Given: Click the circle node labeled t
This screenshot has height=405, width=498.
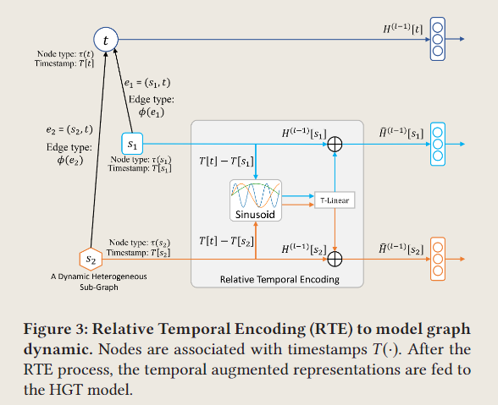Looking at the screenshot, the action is tap(106, 40).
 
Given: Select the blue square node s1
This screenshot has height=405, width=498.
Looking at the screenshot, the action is tap(132, 144).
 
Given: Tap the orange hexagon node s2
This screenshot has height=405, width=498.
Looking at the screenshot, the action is tap(91, 259).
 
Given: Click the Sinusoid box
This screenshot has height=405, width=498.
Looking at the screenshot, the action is tap(256, 200).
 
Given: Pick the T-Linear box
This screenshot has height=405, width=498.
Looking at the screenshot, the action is tap(335, 200).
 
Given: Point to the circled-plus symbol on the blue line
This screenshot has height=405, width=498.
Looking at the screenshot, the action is tap(335, 145).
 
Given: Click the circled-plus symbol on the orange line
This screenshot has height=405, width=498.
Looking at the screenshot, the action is tap(335, 259).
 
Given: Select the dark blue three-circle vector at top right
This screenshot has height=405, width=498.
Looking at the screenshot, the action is tap(438, 39).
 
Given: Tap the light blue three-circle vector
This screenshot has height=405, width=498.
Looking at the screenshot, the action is tap(438, 144).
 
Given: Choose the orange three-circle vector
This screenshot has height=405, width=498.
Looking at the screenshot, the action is tap(438, 259).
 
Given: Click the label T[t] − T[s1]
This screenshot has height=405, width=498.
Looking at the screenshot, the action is tap(226, 161).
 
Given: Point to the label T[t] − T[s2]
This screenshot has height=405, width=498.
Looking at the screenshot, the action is tap(226, 241).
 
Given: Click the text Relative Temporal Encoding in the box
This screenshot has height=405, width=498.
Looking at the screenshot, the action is tap(279, 279).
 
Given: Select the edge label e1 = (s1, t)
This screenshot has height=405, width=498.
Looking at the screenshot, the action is tap(147, 83).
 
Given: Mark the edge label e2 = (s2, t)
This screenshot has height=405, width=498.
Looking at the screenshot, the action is tap(69, 129).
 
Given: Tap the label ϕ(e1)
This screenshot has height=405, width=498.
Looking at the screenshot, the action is tap(152, 112).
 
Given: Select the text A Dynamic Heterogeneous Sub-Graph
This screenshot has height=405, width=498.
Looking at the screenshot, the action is tap(99, 282).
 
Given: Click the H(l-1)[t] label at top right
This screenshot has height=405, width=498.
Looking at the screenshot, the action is tap(403, 30).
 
